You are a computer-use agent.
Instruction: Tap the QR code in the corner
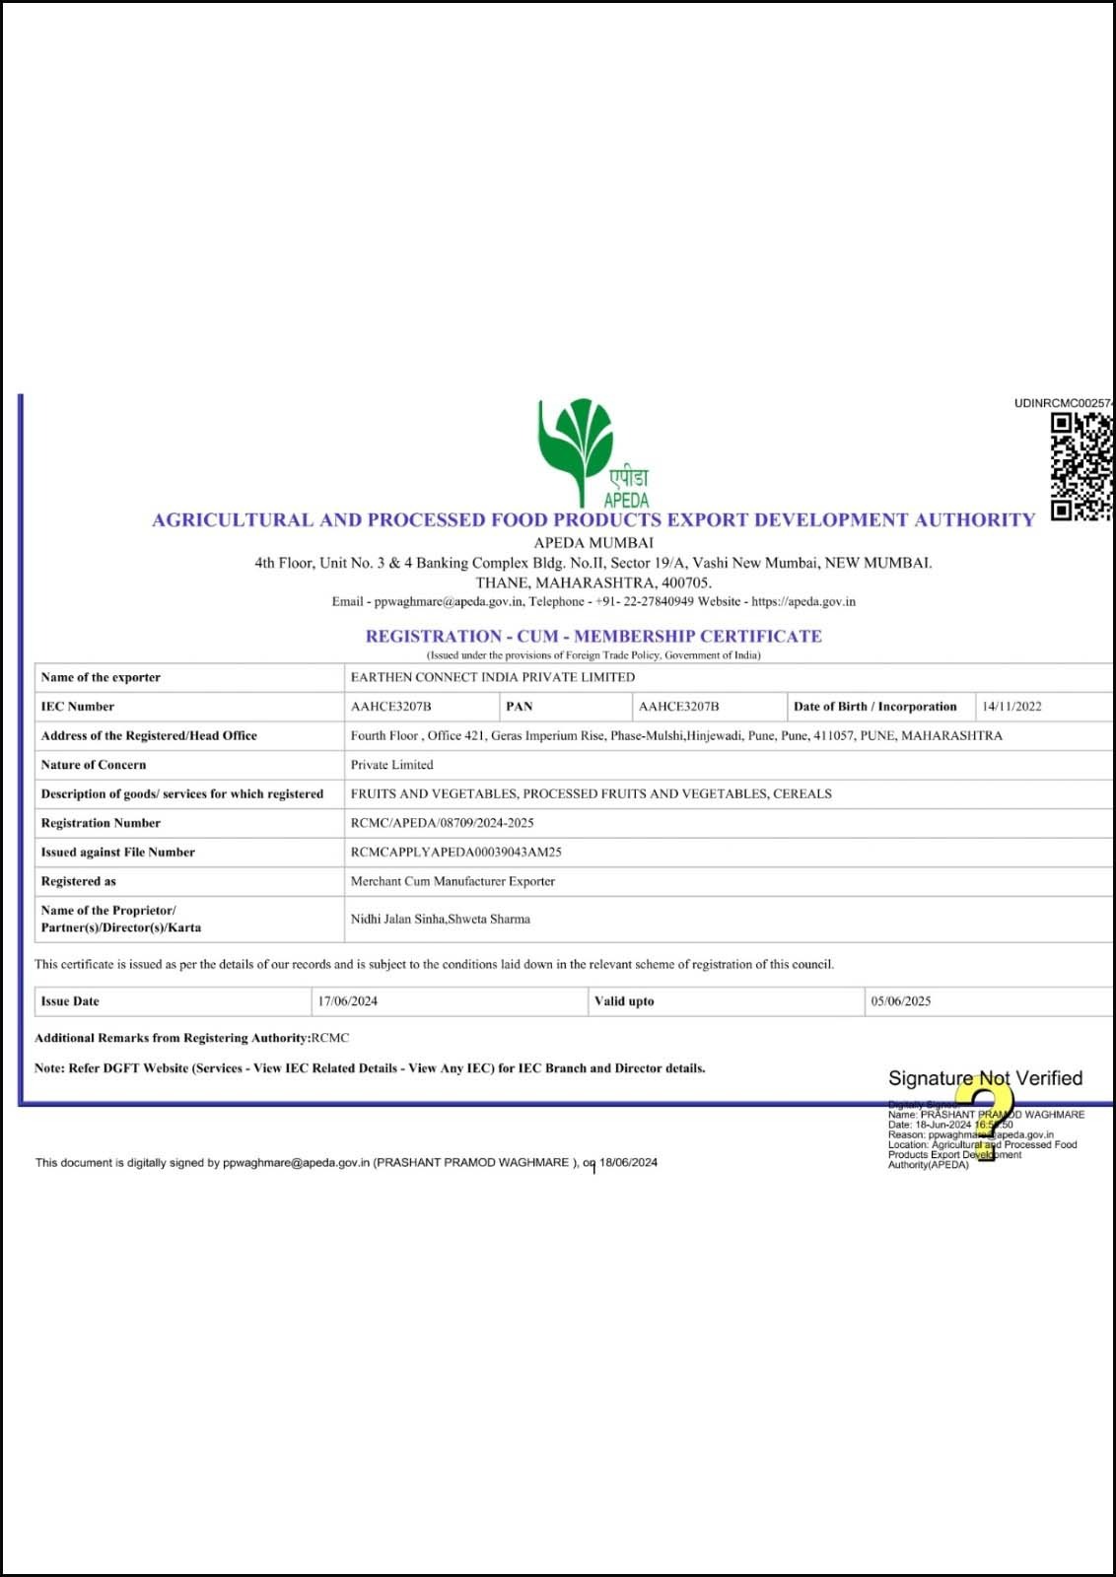(x=1081, y=467)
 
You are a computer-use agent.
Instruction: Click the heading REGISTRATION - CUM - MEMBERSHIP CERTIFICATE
(x=593, y=636)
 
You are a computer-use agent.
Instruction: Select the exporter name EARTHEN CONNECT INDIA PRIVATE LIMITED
(x=492, y=677)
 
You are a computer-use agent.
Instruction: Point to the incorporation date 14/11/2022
(x=1011, y=707)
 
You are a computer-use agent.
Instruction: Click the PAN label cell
(x=520, y=707)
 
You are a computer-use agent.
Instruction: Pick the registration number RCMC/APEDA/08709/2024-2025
(x=442, y=823)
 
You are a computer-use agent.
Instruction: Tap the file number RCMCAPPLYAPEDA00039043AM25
(x=455, y=852)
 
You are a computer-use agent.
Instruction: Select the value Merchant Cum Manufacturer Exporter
(x=453, y=881)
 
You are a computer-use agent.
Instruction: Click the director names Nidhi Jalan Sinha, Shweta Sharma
(x=440, y=919)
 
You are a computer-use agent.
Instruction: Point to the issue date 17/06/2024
(x=347, y=1001)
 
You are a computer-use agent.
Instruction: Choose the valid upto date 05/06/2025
(x=900, y=1001)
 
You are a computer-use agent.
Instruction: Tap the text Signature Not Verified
(x=985, y=1078)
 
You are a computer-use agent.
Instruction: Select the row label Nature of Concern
(x=94, y=765)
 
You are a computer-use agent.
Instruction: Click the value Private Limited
(x=391, y=765)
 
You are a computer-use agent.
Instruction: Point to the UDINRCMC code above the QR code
(x=1063, y=403)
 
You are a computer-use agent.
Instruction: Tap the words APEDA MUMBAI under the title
(x=593, y=542)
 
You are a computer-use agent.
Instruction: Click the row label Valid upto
(x=624, y=1001)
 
